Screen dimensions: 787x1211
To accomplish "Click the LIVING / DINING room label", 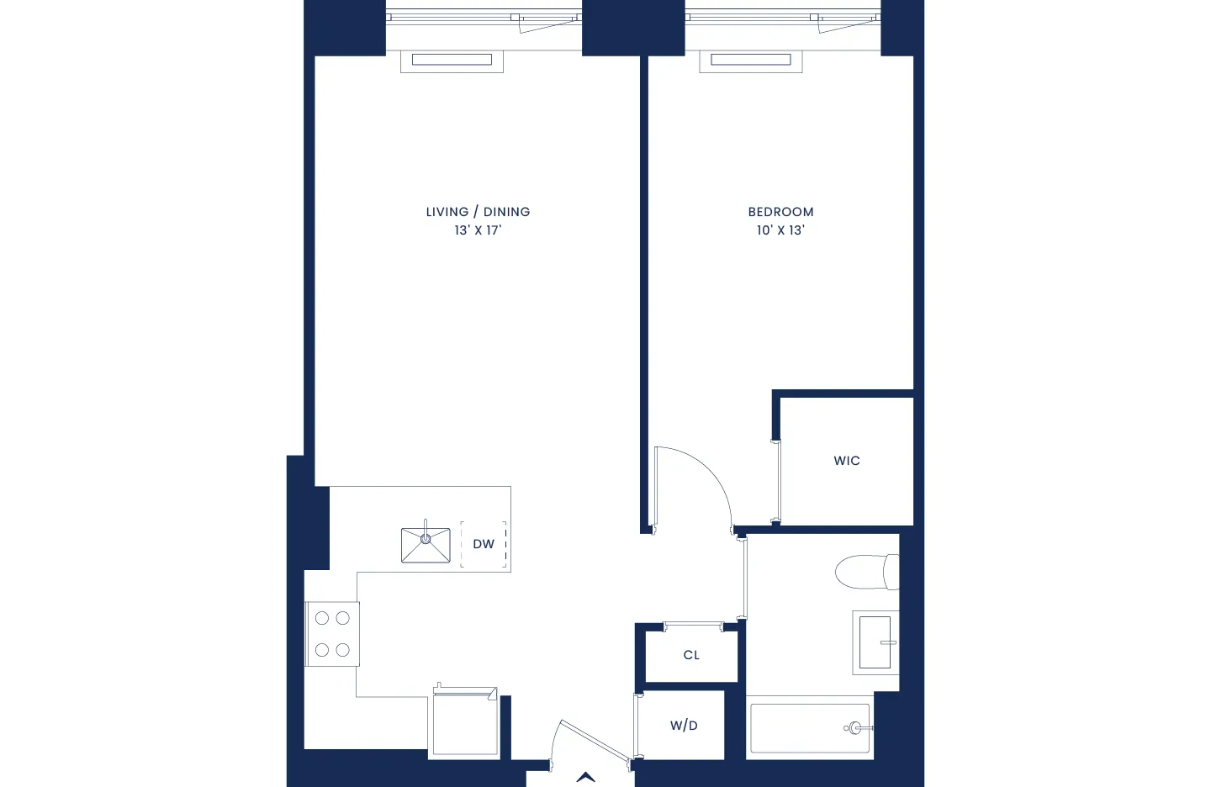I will pos(478,212).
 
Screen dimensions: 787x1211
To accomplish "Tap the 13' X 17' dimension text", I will pos(478,230).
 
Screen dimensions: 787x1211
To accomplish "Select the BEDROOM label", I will pos(780,212).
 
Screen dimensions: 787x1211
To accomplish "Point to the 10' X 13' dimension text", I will pos(780,230).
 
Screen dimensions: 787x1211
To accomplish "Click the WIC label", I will pos(847,461).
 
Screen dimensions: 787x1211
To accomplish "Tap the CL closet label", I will pos(691,655).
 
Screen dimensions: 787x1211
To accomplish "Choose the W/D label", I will pos(684,726).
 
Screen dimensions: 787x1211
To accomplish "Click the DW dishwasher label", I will pos(484,544).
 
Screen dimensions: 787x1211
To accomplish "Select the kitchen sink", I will pos(426,545).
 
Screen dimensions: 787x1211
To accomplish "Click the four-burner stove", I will pos(332,634).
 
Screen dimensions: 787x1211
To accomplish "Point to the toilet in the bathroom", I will pos(866,572).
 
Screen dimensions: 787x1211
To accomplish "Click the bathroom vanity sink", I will pos(875,642).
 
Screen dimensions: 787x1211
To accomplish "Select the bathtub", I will pos(810,728).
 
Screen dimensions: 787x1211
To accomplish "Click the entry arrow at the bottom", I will pos(586,777).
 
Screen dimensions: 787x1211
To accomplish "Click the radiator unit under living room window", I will pos(452,61).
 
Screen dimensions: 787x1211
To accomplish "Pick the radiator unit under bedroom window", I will pos(751,61).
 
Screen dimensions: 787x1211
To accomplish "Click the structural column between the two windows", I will pos(633,28).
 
